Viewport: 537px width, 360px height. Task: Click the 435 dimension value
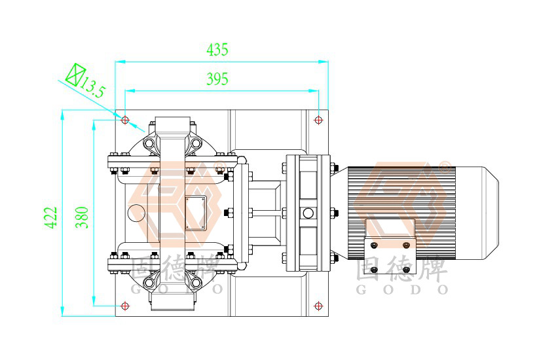click(x=217, y=50)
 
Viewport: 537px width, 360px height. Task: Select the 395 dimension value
click(x=217, y=79)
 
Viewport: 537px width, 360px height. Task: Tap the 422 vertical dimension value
click(x=51, y=217)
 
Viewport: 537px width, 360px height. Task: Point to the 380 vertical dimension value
click(x=82, y=217)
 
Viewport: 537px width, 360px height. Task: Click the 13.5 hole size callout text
click(x=92, y=87)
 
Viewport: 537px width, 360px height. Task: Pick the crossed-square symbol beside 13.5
click(x=76, y=74)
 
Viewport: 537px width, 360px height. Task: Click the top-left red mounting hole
click(x=125, y=120)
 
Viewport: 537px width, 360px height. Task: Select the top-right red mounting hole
click(x=318, y=120)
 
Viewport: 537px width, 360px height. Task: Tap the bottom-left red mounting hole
click(x=125, y=306)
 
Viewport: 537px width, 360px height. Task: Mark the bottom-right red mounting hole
click(x=318, y=306)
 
